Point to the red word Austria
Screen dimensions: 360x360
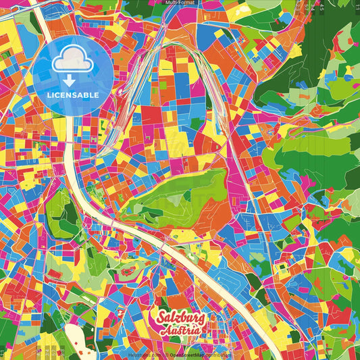tap(179, 331)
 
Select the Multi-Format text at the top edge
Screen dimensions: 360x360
tap(180, 3)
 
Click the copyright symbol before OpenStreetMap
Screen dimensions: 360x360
tap(166, 354)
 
